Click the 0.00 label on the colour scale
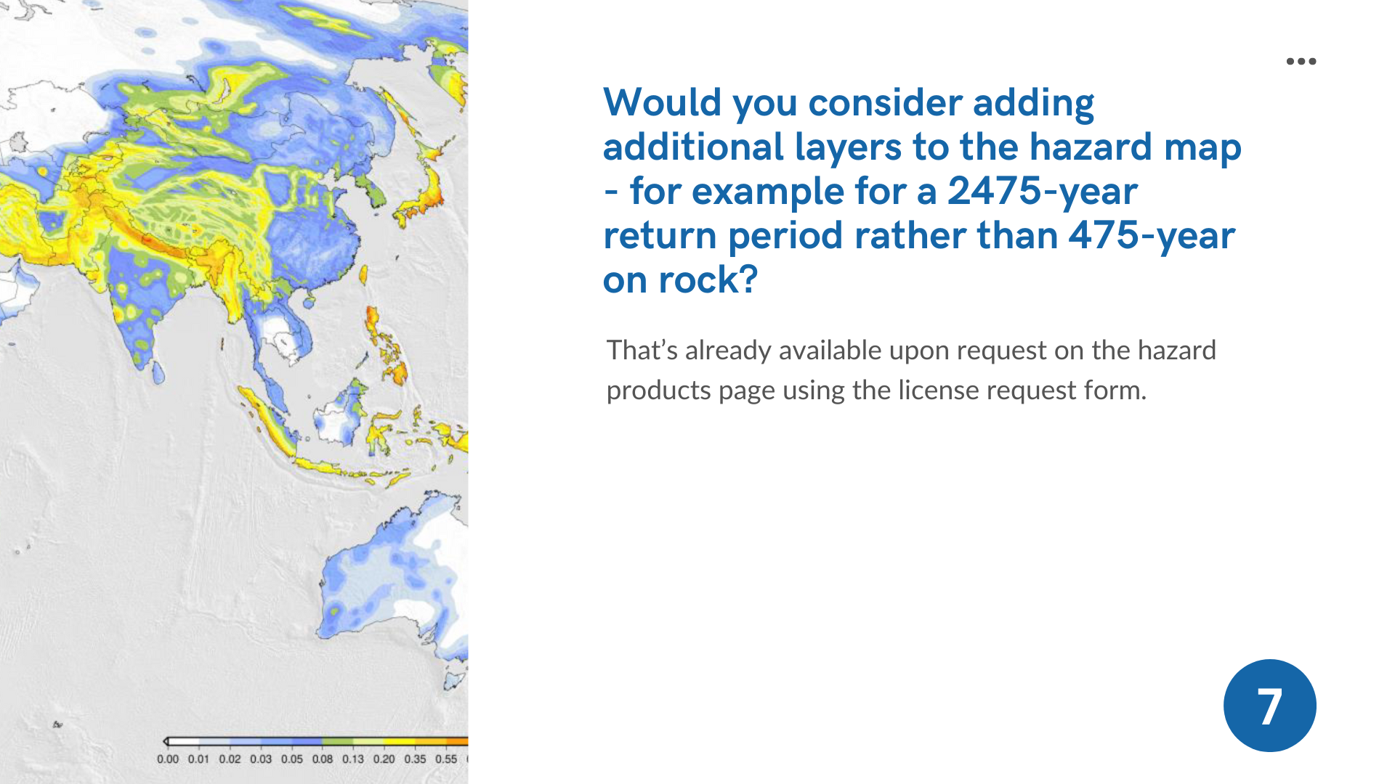[x=167, y=759]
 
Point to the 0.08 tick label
[x=323, y=759]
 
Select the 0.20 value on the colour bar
[x=384, y=759]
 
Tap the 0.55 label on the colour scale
[x=446, y=759]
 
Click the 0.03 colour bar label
[x=261, y=759]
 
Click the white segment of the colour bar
[x=184, y=741]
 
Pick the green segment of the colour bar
[x=338, y=741]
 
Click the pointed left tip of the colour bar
[x=164, y=741]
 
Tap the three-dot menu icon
[x=1301, y=61]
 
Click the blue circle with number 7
[x=1269, y=706]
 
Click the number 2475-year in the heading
[x=1043, y=192]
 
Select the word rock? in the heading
[x=708, y=279]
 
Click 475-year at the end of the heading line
[x=1152, y=236]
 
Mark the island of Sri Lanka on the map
[x=158, y=372]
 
